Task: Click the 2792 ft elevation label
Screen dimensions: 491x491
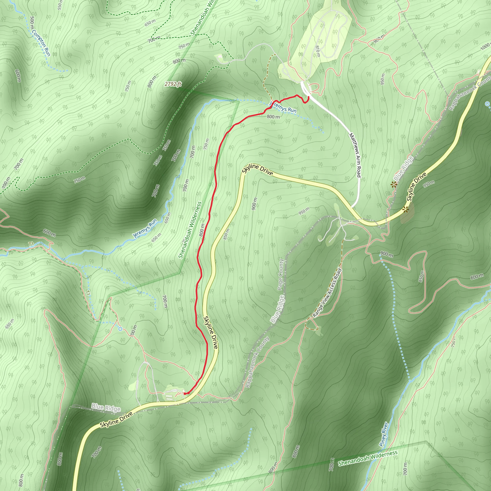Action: [x=173, y=84]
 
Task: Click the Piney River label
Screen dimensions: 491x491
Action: [x=384, y=434]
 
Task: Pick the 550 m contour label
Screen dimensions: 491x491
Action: [x=60, y=5]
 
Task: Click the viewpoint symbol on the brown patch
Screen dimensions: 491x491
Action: [x=405, y=210]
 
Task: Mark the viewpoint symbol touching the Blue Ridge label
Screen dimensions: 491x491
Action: [x=394, y=185]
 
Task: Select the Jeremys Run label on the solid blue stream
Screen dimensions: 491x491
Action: [x=145, y=228]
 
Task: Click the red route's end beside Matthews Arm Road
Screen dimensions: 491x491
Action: [x=309, y=97]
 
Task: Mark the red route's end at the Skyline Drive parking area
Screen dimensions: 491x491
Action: [x=185, y=393]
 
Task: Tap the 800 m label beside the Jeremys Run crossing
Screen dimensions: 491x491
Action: [x=273, y=117]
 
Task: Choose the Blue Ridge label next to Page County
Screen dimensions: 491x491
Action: [x=277, y=309]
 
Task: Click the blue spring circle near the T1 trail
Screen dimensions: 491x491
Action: [x=120, y=329]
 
